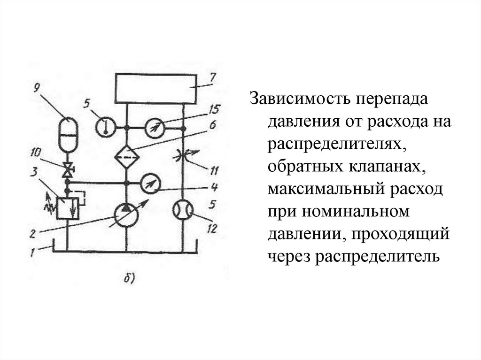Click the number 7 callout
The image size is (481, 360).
212,78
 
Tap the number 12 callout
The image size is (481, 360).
212,229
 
